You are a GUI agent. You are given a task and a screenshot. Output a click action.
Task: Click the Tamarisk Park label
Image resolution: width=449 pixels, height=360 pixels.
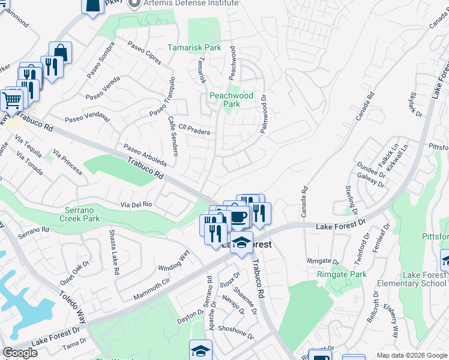[194, 47]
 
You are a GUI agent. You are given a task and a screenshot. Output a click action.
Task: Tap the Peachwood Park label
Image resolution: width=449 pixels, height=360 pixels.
[231, 100]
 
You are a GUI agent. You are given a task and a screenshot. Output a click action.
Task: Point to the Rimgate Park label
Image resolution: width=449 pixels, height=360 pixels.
[342, 275]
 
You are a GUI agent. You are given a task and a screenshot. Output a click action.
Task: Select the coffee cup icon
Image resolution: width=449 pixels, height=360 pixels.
[239, 217]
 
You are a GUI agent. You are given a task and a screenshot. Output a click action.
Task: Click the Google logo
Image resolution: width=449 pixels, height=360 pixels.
[20, 353]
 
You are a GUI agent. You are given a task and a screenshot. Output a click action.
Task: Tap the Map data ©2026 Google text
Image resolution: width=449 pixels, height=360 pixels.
[412, 355]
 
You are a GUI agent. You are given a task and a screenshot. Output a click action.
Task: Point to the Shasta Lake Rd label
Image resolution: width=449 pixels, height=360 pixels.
[113, 251]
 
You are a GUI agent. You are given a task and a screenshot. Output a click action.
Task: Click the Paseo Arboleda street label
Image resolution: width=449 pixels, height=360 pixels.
[145, 154]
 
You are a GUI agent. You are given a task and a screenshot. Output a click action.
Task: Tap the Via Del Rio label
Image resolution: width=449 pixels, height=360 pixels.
[135, 205]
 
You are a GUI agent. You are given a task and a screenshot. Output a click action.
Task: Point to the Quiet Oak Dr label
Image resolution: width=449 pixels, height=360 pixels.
[75, 272]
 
